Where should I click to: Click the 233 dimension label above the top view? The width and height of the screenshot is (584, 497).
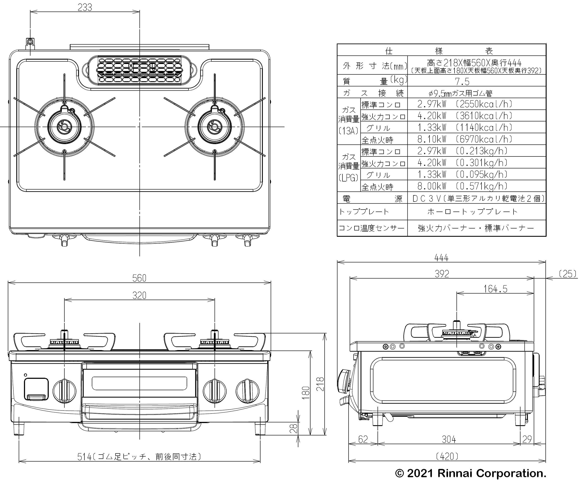(85, 8)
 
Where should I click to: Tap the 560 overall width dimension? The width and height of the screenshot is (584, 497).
(139, 278)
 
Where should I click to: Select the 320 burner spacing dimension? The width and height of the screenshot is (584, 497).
(139, 296)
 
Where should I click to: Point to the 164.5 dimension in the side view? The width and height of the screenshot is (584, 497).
(495, 289)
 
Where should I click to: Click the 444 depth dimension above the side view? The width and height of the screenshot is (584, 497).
(441, 258)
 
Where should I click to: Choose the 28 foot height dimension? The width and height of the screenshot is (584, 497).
(294, 428)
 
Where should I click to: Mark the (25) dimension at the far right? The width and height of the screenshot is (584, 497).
(567, 274)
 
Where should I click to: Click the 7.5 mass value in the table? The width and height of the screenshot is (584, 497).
(462, 82)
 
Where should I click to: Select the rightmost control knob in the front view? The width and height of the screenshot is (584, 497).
(247, 391)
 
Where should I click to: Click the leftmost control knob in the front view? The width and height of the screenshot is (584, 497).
(65, 391)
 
